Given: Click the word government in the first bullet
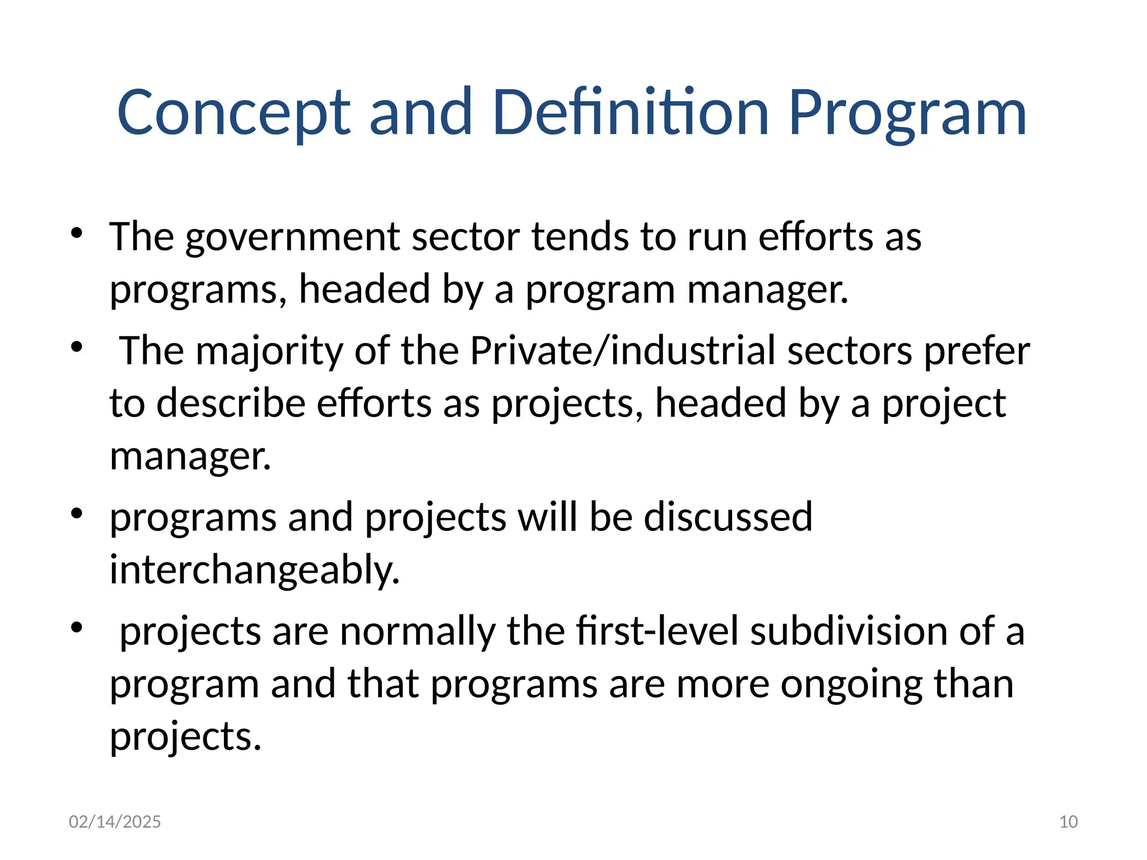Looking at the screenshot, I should [292, 237].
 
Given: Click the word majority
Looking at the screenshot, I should [269, 351].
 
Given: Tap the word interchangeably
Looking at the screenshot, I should [255, 570].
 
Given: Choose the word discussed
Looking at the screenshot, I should [728, 517].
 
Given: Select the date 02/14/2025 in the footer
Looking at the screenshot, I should [115, 822].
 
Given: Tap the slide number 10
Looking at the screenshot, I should [1069, 822].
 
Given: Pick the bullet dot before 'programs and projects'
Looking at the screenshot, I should [77, 513].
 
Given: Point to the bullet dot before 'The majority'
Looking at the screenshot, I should [77, 347].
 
